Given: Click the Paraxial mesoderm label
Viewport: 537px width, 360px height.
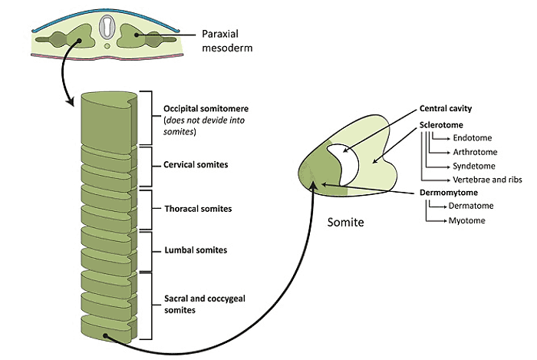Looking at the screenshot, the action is (x=227, y=41).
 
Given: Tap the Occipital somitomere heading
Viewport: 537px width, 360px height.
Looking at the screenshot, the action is (x=206, y=108).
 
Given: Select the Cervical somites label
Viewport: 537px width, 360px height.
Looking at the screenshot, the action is (x=196, y=165).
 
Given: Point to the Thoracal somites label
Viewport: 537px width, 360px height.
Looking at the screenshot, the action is (x=198, y=209).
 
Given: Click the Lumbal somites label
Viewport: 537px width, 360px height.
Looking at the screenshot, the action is (x=196, y=250).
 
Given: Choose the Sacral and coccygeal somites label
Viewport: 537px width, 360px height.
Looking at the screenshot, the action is (x=205, y=304).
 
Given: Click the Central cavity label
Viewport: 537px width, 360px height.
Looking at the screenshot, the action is (x=446, y=108).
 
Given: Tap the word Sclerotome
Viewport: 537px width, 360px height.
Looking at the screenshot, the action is (x=441, y=124).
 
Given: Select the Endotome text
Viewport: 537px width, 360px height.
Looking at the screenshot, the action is (x=473, y=137).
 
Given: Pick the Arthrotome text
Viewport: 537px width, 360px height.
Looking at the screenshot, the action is (x=475, y=152).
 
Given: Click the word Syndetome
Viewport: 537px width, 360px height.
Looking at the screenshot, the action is (x=474, y=166).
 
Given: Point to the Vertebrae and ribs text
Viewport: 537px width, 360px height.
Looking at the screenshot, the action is (x=487, y=180).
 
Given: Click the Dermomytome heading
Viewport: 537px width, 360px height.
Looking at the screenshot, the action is (x=449, y=193).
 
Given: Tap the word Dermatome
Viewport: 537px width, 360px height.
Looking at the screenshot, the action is (x=471, y=206).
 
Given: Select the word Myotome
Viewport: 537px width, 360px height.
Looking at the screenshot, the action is (x=466, y=220).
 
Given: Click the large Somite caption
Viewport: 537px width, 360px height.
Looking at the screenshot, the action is (x=345, y=222).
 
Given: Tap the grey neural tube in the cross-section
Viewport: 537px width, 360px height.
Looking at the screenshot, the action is (x=107, y=28).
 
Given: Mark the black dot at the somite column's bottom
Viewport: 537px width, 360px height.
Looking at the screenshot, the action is (x=106, y=336).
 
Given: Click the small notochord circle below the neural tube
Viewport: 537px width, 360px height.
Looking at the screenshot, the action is (x=107, y=46).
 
